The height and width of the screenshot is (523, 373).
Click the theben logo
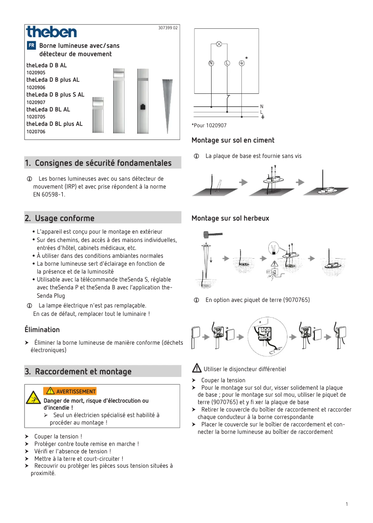click(51, 32)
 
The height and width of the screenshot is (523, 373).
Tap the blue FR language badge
click(31, 46)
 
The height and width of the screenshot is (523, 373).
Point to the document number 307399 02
click(168, 28)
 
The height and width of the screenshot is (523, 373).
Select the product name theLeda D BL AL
click(48, 109)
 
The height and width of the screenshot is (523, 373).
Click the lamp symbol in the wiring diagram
click(219, 44)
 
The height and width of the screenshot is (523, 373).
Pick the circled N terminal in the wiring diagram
click(211, 63)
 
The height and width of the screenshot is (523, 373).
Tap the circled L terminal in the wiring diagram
click(227, 63)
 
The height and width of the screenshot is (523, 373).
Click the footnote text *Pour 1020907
click(209, 125)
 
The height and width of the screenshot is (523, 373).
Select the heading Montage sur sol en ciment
click(233, 140)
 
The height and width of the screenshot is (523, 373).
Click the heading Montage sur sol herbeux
click(230, 218)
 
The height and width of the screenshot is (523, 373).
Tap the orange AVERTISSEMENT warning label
click(70, 391)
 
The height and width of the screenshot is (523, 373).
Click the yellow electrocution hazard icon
click(33, 397)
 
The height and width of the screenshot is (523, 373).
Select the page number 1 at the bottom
click(347, 504)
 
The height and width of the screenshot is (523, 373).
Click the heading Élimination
click(42, 330)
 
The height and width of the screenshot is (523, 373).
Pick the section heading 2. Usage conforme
click(60, 218)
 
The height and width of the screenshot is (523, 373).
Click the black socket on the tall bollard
click(142, 106)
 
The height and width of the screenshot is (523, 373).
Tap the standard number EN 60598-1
click(49, 194)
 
